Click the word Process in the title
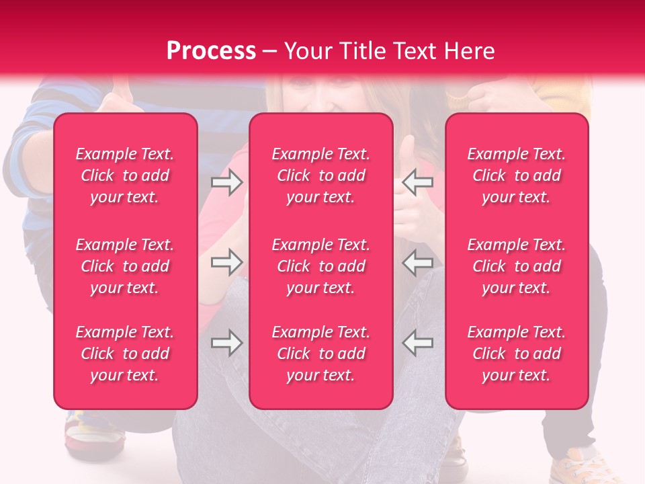point(211,51)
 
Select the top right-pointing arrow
point(226,182)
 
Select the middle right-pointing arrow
point(226,262)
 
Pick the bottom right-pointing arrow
point(226,343)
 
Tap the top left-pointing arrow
point(418,182)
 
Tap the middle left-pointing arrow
point(418,262)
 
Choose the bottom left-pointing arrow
point(418,343)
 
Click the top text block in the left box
point(125,175)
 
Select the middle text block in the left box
point(125,266)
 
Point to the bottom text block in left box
point(125,354)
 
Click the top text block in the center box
point(320,175)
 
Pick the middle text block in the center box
point(320,266)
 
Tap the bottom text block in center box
point(320,354)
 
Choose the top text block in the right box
point(517,175)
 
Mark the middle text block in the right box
point(517,266)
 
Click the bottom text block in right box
point(517,354)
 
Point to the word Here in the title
point(470,51)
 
